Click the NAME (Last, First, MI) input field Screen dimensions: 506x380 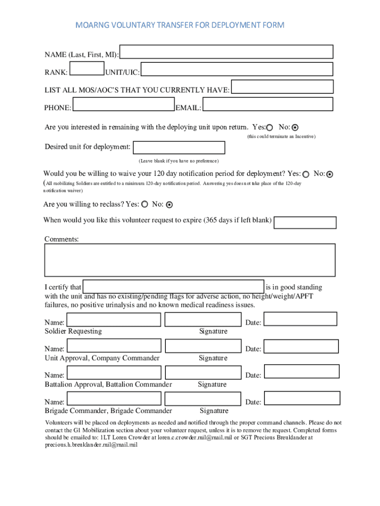coord(227,52)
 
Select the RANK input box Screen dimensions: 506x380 coord(86,69)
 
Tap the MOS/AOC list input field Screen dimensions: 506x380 coord(282,87)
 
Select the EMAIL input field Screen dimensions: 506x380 coord(268,104)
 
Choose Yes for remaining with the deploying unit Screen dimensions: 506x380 coord(269,127)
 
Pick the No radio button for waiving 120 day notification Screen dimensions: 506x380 coord(330,174)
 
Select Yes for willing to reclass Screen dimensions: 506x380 coord(145,204)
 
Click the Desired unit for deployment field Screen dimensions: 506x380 coord(179,148)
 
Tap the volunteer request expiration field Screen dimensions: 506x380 coord(304,222)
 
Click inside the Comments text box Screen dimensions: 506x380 coord(190,260)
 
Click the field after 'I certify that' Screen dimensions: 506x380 coord(173,287)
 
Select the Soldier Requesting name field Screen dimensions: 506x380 coord(114,320)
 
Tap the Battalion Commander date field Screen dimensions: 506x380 coord(302,372)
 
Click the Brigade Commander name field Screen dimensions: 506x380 coord(114,399)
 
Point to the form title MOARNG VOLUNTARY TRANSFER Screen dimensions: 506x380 coord(180,25)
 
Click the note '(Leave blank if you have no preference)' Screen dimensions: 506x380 coord(178,161)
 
